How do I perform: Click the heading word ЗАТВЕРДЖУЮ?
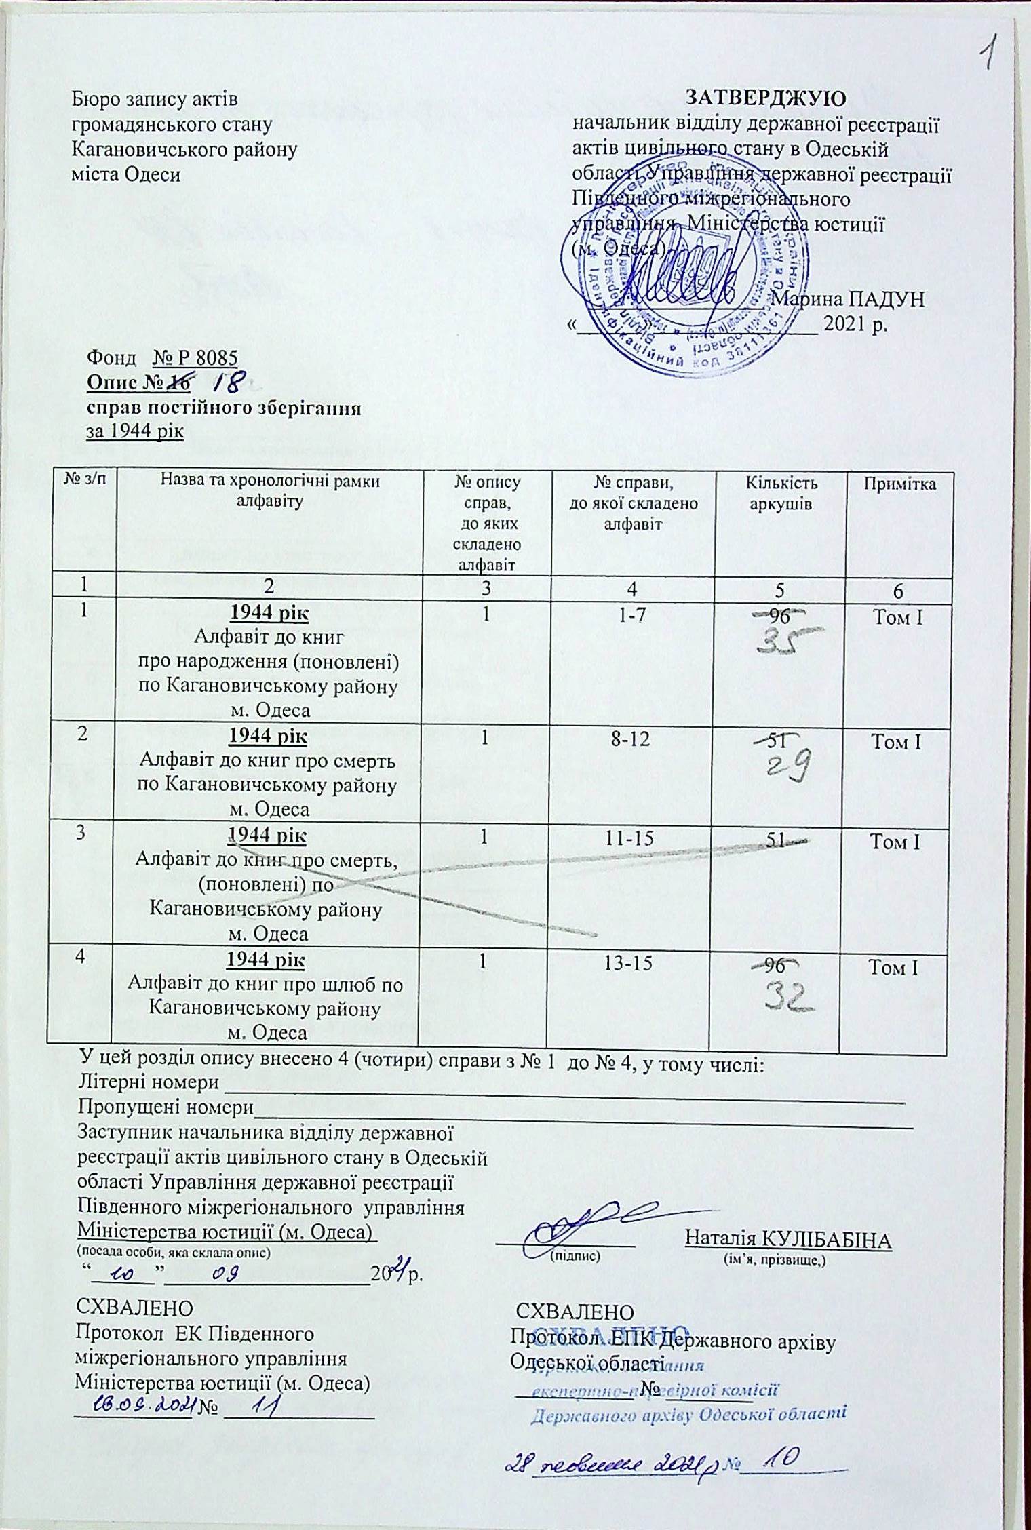(766, 98)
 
